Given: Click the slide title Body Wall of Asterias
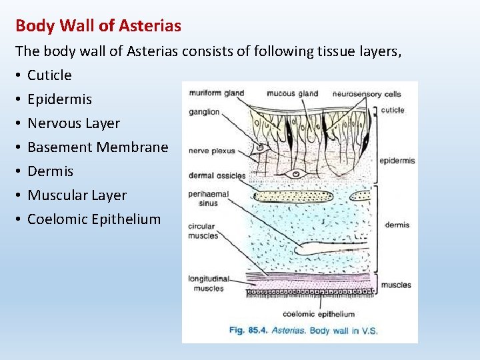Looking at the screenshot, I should tap(98, 26).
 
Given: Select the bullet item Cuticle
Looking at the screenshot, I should tap(49, 75).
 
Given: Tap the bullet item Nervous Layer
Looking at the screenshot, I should tap(73, 123).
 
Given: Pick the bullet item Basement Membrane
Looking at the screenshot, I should tap(97, 147).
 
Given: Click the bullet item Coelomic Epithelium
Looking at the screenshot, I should tap(94, 219).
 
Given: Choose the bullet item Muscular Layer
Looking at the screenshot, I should tap(77, 195).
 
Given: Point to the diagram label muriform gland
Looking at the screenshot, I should tap(217, 93).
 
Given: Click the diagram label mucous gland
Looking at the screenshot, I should tap(293, 93).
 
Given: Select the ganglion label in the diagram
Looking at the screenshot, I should tap(204, 112).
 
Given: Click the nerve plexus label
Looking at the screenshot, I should tap(212, 151).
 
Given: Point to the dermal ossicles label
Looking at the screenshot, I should tap(217, 176).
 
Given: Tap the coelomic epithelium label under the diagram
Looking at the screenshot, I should tap(319, 313).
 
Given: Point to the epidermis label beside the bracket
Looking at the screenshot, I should tap(397, 161).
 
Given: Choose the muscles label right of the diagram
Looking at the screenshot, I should tap(396, 285).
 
